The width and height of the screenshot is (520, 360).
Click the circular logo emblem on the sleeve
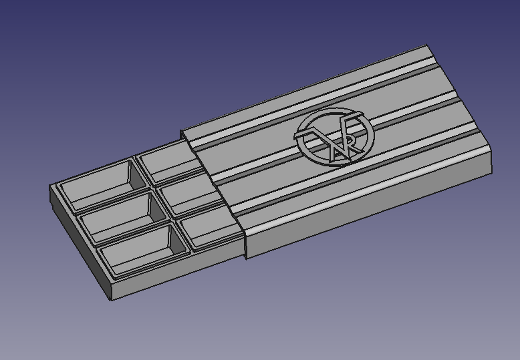tap(334, 136)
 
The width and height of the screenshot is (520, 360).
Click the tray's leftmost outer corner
tap(51, 188)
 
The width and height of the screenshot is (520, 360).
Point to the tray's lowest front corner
tap(112, 299)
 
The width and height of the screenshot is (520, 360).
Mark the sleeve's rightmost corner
tap(491, 155)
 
